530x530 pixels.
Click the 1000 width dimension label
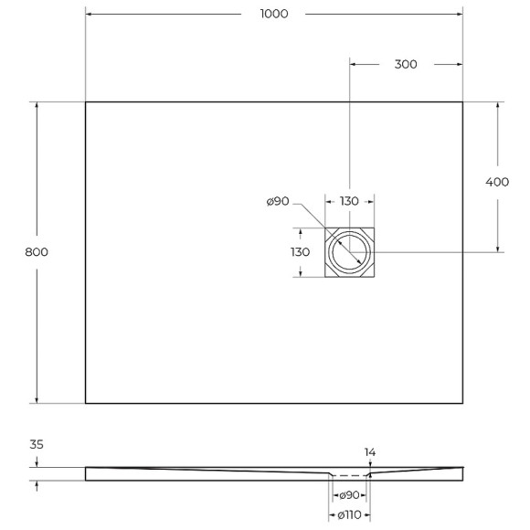274,14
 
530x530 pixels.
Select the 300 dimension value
406,64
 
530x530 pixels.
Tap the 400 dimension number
497,182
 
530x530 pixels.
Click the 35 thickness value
37,445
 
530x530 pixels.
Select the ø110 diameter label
348,514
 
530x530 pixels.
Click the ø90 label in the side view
348,495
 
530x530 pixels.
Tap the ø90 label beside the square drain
278,202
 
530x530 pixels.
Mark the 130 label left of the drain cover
300,252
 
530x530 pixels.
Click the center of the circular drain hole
350,252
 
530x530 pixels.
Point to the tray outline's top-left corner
86,101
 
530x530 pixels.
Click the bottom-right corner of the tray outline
462,403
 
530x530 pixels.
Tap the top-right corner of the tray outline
462,101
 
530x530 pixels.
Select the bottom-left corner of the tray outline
86,403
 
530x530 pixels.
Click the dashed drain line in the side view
348,476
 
